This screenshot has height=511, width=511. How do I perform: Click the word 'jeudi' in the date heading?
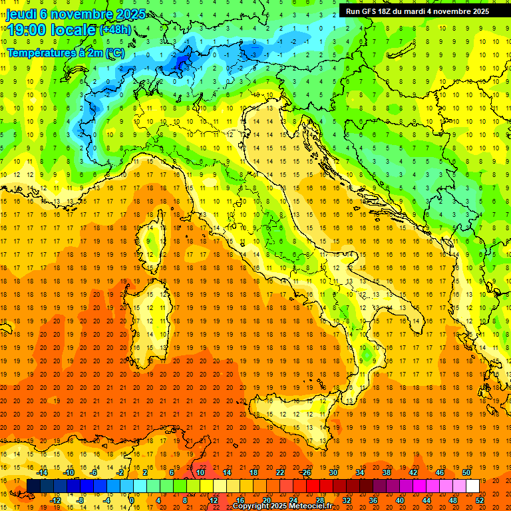coord(22,13)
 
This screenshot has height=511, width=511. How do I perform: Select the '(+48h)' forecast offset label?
coord(116,30)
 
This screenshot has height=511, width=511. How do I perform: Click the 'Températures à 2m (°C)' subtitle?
coord(65,52)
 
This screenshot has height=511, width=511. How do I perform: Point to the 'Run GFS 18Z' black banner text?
coord(369,11)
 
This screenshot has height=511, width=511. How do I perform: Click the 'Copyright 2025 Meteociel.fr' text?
coord(287,506)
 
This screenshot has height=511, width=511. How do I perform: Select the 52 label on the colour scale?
coord(479,500)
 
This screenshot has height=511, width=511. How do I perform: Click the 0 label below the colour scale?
coord(132,500)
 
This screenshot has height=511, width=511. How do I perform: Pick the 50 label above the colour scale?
coord(466,472)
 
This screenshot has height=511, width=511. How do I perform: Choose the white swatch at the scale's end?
coord(472,486)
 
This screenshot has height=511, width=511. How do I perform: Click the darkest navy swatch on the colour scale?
coord(33,486)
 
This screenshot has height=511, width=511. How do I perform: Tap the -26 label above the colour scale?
coord(305,472)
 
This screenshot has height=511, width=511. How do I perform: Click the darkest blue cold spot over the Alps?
coord(181,63)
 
